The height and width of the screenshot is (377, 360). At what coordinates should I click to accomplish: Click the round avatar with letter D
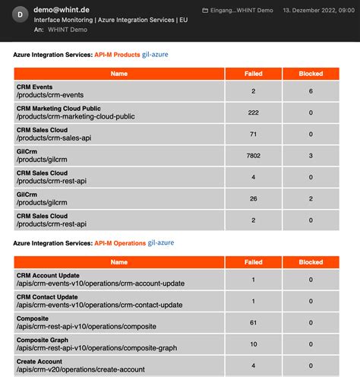[x=21, y=14]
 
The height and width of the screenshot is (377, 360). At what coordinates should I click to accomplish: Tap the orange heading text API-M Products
[x=117, y=55]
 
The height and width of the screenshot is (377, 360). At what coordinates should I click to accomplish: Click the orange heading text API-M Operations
[x=120, y=242]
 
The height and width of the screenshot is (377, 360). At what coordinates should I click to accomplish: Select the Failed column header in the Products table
[x=253, y=74]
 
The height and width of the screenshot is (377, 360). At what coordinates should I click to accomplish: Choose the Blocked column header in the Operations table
[x=311, y=261]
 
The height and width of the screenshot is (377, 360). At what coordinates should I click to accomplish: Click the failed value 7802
[x=253, y=156]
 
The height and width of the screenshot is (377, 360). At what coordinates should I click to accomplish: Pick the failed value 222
[x=253, y=112]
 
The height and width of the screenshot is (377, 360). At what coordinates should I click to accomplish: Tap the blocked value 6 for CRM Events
[x=311, y=91]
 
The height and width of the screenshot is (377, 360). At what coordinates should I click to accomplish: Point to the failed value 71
[x=253, y=135]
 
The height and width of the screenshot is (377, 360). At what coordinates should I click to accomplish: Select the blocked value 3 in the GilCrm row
[x=311, y=156]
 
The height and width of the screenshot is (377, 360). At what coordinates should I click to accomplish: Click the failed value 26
[x=253, y=199]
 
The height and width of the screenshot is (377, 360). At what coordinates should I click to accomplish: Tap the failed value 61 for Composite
[x=253, y=322]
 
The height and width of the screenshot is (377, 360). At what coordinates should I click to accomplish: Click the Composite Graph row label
[x=42, y=340]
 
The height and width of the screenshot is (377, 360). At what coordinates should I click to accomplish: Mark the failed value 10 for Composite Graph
[x=253, y=344]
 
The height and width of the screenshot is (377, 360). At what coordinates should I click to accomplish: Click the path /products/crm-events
[x=49, y=95]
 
